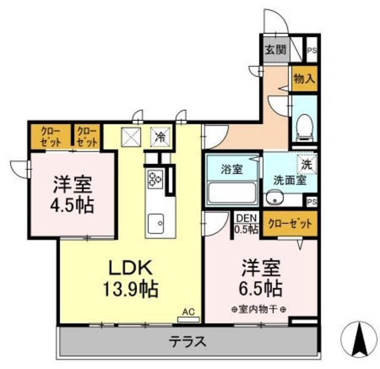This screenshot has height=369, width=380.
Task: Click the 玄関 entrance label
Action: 274,49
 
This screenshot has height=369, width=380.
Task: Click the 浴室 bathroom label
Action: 232,169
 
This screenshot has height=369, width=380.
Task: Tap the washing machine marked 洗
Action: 307,161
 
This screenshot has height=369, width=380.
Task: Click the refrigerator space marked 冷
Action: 160,136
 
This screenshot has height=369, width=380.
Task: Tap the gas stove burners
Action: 156,178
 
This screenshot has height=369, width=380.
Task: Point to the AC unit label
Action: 189,311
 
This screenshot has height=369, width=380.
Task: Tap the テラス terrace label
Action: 188,342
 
